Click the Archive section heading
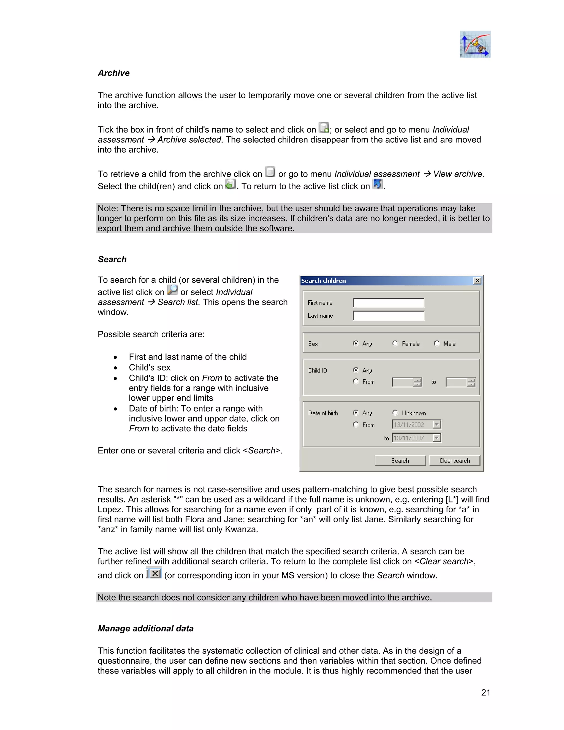(x=114, y=73)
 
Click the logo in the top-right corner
(x=475, y=44)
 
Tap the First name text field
(x=388, y=303)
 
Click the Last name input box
(x=388, y=315)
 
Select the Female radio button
(x=395, y=343)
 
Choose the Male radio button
(x=437, y=343)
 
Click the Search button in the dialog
(x=400, y=461)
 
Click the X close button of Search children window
(x=477, y=281)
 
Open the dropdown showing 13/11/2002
(x=437, y=425)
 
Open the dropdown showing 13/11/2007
(x=437, y=438)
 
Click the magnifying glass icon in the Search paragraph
(x=172, y=290)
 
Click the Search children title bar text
(x=323, y=281)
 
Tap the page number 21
(x=486, y=693)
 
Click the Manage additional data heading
(x=146, y=628)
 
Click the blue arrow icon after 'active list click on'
(x=377, y=184)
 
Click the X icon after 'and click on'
(x=154, y=574)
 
